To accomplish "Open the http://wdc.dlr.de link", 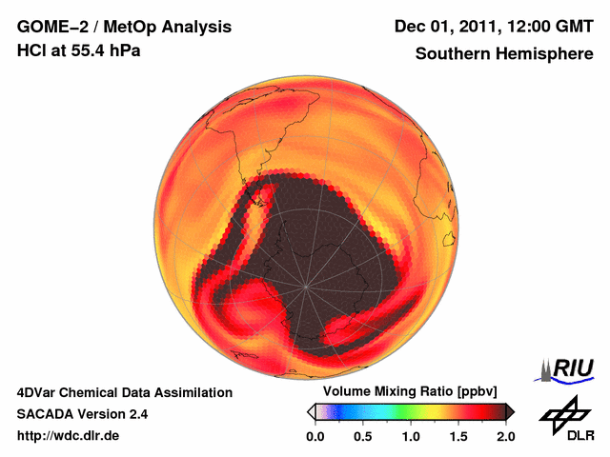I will coord(69,436).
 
